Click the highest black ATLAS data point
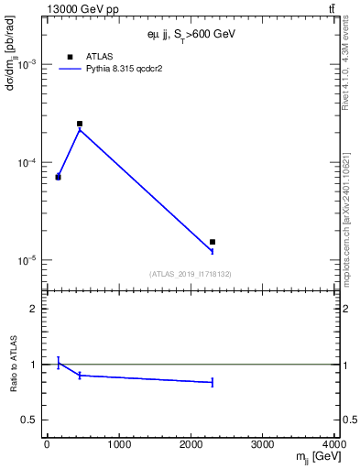click(x=80, y=124)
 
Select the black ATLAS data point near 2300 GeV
click(x=213, y=242)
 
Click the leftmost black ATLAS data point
click(x=58, y=177)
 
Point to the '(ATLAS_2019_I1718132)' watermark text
click(x=190, y=274)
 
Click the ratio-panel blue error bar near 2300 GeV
click(x=213, y=382)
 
